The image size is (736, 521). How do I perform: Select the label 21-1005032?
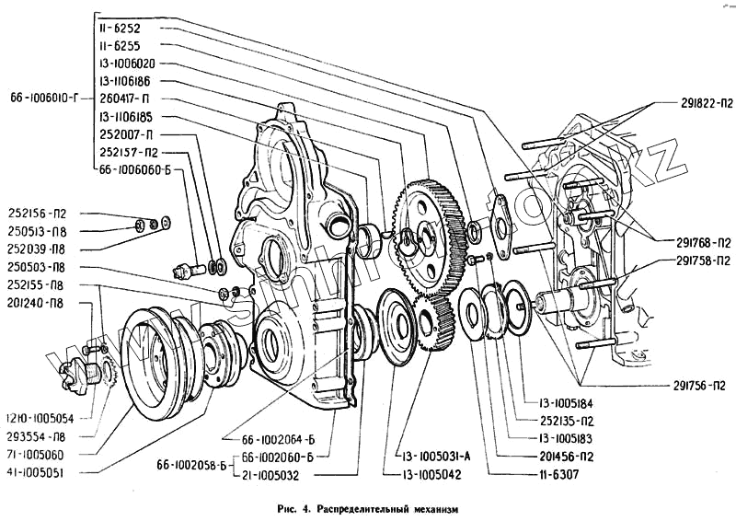pyautogui.click(x=276, y=474)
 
